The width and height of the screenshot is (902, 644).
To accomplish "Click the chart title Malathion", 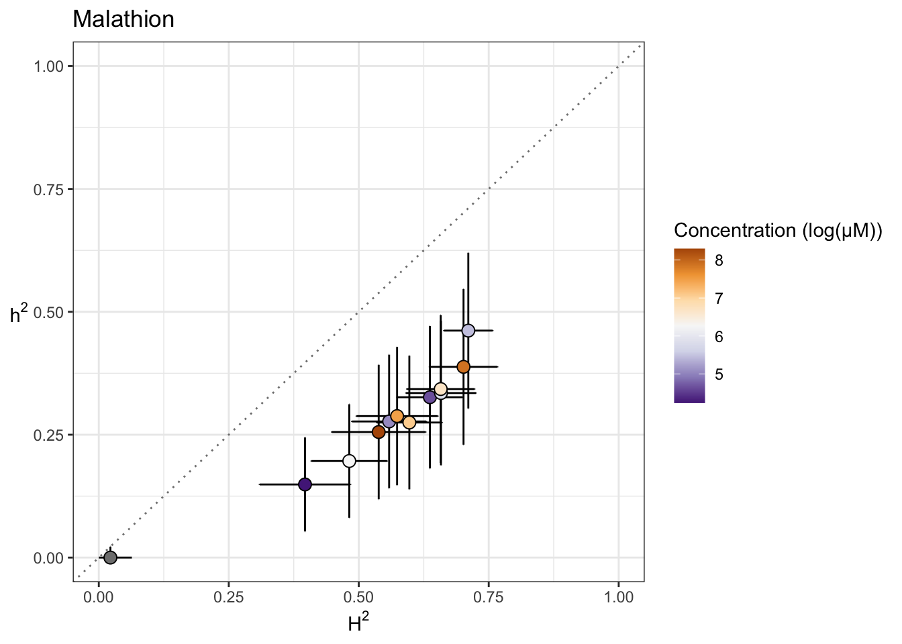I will click(x=123, y=19).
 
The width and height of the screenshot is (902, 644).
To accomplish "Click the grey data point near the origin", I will click(x=110, y=557).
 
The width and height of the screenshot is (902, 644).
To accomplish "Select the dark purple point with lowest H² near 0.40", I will click(x=305, y=484).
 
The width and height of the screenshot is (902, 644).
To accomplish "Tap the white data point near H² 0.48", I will click(x=349, y=461).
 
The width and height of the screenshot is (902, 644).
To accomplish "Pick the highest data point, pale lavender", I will click(x=468, y=331).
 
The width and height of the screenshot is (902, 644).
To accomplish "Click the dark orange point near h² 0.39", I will click(x=463, y=367).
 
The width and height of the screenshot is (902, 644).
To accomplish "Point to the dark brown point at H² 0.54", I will click(x=379, y=432).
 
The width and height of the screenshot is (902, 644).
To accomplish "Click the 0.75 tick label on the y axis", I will click(x=48, y=189).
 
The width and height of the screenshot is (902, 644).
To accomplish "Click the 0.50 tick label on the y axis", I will click(x=48, y=312).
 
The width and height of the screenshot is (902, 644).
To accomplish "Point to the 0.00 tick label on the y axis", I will click(x=48, y=558).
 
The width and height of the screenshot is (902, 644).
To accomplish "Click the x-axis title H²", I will click(x=358, y=624).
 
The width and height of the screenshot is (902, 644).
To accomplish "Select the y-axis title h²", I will click(x=19, y=313).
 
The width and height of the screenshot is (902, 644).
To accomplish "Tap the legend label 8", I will click(x=719, y=261).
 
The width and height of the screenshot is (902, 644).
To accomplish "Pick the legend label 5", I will click(x=719, y=375).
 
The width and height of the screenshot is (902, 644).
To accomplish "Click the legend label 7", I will click(x=719, y=299).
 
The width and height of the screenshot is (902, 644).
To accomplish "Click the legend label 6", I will click(x=719, y=337).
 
